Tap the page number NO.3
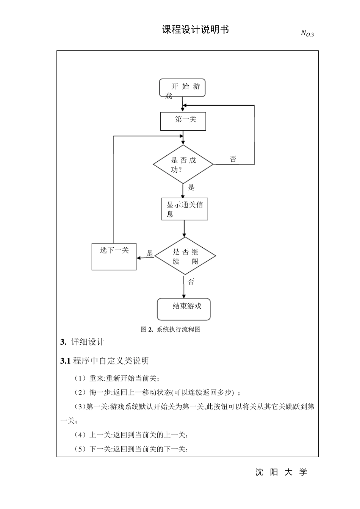[307, 34]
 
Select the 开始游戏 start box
[182, 88]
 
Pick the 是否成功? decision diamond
[183, 165]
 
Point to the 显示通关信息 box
[185, 209]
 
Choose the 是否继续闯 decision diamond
[185, 256]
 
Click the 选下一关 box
[114, 256]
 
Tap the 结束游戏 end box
[184, 309]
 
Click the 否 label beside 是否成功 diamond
[233, 159]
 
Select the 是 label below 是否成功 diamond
[191, 187]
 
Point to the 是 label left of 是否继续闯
[150, 253]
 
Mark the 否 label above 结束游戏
[191, 282]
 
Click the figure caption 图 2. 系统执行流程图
[171, 329]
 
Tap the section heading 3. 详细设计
[82, 342]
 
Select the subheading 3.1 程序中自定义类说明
[105, 361]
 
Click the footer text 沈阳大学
[281, 472]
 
